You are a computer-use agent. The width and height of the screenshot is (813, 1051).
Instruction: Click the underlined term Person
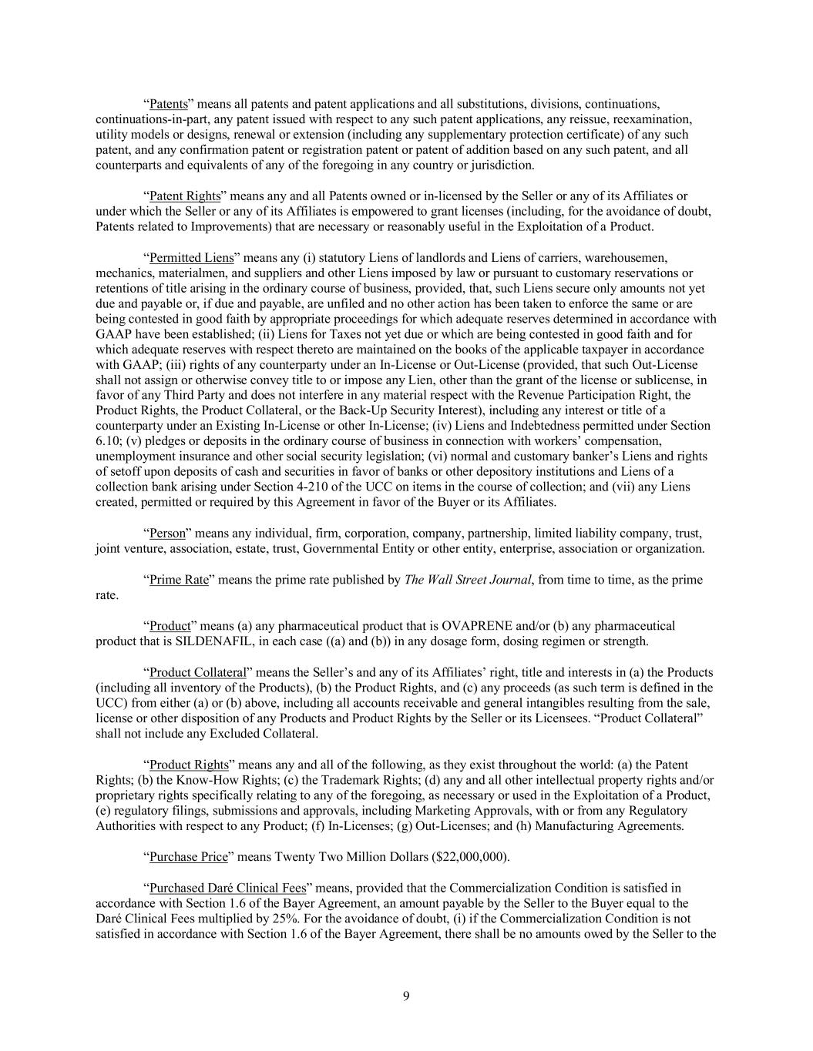click(x=166, y=534)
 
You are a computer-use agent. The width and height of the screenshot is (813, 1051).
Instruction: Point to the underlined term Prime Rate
click(x=179, y=580)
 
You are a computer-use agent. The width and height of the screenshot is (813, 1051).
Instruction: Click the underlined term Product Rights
click(x=189, y=765)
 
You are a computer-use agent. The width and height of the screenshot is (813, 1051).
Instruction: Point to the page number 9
click(x=406, y=996)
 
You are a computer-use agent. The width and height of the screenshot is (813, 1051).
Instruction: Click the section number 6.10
click(x=107, y=441)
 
